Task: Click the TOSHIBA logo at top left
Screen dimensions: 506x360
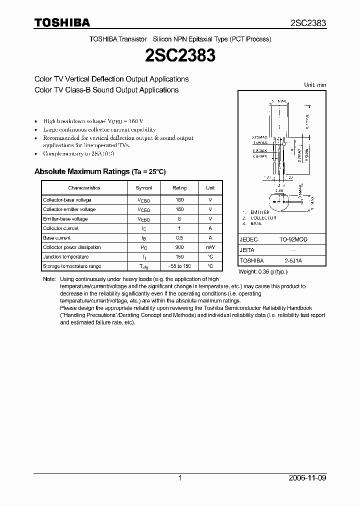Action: click(62, 22)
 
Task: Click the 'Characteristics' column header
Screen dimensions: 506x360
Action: click(84, 188)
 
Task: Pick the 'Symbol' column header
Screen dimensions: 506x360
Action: click(143, 188)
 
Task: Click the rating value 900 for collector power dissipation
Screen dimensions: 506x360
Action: click(179, 247)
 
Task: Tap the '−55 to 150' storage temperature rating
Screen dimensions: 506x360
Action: click(179, 266)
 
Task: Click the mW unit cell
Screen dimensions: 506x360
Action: click(210, 247)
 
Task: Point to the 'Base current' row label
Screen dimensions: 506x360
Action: click(57, 238)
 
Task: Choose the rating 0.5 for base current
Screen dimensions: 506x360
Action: click(179, 238)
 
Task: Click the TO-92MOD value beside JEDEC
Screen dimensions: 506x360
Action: click(293, 239)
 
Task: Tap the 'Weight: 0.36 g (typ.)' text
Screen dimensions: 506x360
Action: click(263, 271)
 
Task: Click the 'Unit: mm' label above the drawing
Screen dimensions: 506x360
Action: click(315, 85)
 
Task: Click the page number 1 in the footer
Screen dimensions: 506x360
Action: click(180, 478)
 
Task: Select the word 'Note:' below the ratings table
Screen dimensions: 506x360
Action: click(49, 279)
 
